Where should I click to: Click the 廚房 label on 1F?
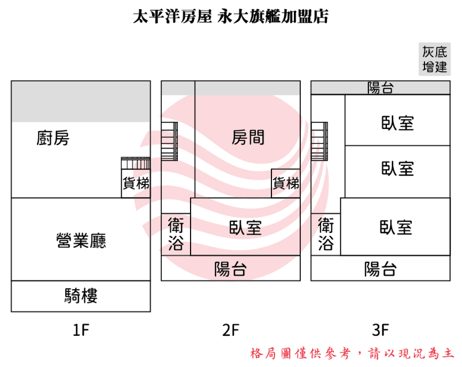pos(53,138)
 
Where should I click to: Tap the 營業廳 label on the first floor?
pos(81,240)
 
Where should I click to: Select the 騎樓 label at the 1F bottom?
pos(81,296)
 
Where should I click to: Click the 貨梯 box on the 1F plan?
pos(136,184)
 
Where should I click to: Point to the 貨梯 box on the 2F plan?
pos(285,184)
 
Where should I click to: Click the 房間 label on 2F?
pos(248,138)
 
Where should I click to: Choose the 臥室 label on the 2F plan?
pos(245,228)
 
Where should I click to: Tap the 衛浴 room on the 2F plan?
pos(176,234)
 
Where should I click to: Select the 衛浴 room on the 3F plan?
pos(326,234)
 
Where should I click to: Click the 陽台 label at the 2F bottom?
pos(230,269)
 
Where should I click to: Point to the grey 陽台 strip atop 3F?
pos(381,88)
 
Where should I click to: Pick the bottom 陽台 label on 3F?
pos(381,269)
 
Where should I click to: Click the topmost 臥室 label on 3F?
pos(397,123)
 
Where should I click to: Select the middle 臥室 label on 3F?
pos(397,169)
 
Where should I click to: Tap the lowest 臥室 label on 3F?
pos(396,227)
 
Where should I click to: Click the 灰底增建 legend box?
pos(434,59)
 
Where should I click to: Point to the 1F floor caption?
pos(81,330)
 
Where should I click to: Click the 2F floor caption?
pos(230,330)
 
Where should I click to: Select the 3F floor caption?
pos(381,330)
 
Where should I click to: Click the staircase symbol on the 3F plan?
pos(319,142)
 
